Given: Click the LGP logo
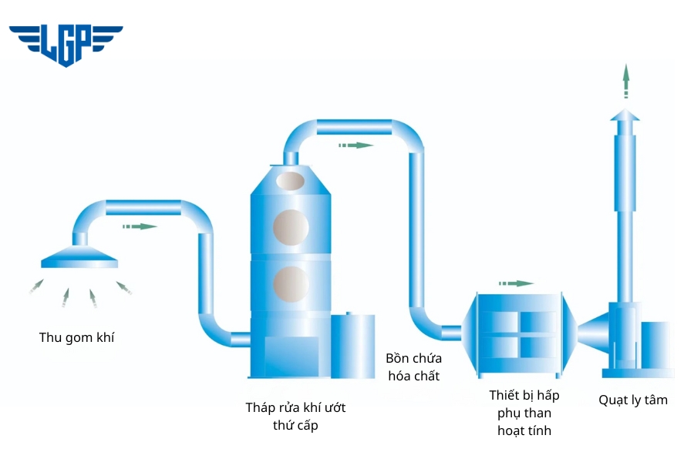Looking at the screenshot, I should point(66,45).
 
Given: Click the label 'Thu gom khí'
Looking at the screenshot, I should point(76,337).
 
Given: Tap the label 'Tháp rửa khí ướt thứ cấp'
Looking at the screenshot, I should point(295,417).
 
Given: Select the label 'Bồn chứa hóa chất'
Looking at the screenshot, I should point(413,367).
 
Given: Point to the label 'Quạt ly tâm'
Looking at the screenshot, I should point(633,400).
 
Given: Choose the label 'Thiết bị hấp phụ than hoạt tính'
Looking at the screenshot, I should point(524,413).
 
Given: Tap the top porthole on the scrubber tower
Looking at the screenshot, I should point(291,180).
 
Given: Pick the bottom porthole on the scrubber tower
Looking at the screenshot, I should point(291,283).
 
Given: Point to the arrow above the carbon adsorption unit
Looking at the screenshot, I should point(516,283).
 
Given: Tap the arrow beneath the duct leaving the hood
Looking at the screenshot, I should point(140,226).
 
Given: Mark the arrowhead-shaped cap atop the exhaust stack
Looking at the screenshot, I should point(625,115).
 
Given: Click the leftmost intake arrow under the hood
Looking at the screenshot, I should point(35,287).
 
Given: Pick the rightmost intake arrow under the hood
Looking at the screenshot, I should point(124,287).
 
